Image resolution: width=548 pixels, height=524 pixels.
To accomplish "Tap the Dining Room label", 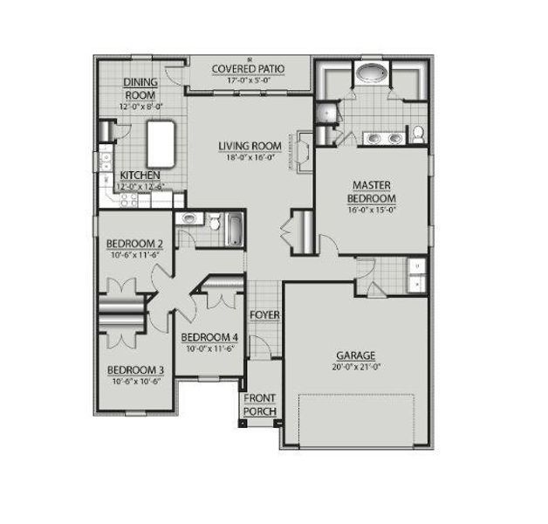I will (140, 87).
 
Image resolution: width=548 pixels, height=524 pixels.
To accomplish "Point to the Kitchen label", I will (139, 175).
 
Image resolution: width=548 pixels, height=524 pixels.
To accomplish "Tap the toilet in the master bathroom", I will (417, 134).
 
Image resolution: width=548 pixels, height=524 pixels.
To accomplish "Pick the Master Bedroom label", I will (371, 191).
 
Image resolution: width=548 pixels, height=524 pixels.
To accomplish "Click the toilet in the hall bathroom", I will (188, 219).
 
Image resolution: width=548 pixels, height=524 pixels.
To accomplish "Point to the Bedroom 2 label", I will (134, 243).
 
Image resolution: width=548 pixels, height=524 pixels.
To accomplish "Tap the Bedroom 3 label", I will (134, 369).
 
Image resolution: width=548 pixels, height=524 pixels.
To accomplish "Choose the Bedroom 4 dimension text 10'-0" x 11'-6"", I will (209, 349).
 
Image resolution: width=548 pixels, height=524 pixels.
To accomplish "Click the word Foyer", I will (264, 314).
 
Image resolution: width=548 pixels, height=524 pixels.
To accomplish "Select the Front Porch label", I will (260, 404).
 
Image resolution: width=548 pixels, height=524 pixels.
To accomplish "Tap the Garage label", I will (356, 355).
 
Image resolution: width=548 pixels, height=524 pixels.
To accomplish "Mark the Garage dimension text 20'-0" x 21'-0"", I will (356, 367).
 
